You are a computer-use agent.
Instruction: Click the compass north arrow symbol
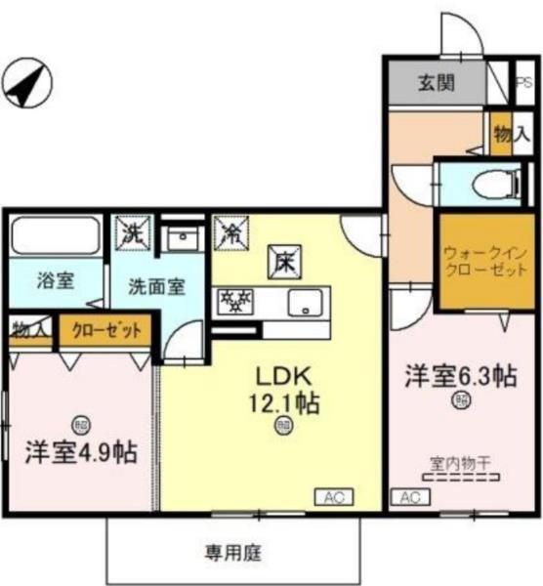(x=25, y=83)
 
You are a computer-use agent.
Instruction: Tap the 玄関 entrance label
(x=437, y=83)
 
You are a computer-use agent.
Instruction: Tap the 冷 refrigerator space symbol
(x=231, y=232)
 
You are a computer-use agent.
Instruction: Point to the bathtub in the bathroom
(x=55, y=237)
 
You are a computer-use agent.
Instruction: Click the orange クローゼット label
(x=105, y=330)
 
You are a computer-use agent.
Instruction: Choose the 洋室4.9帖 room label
(x=80, y=451)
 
